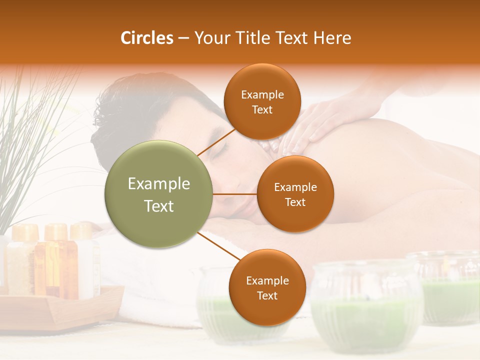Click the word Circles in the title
[x=147, y=38]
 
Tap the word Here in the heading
[x=332, y=38]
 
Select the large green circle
[x=159, y=194]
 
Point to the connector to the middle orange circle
[x=235, y=194]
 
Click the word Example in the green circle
[x=159, y=184]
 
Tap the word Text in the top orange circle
[x=262, y=109]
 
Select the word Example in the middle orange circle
[x=295, y=187]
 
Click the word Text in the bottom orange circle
[x=267, y=295]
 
